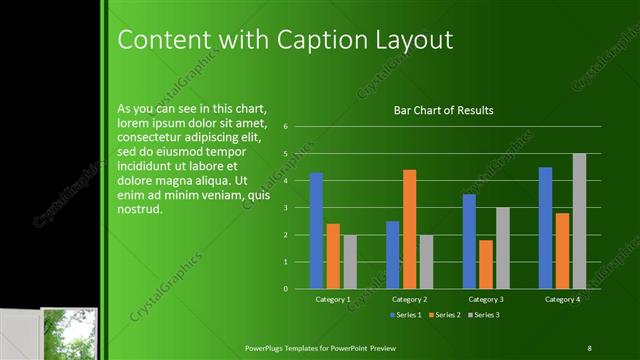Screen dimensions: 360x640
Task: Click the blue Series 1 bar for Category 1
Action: tap(316, 231)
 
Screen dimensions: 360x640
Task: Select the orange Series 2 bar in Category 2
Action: tap(409, 229)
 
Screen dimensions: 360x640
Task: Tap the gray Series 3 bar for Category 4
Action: tap(579, 221)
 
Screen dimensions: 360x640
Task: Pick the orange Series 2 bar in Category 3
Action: tap(486, 264)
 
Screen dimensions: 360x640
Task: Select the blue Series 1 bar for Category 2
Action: tap(392, 255)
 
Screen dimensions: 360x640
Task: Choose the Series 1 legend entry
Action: tap(404, 316)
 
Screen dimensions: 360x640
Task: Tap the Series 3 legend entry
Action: tap(484, 316)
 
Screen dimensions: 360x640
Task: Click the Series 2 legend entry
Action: tap(444, 316)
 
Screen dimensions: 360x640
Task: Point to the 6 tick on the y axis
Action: tap(286, 127)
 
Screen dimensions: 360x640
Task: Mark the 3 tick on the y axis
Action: tap(286, 208)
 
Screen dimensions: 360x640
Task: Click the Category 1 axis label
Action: tap(332, 299)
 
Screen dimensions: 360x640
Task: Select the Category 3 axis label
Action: tap(486, 299)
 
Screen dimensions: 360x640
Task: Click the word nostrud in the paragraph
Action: tap(139, 210)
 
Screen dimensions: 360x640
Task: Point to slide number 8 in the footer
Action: tap(589, 347)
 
